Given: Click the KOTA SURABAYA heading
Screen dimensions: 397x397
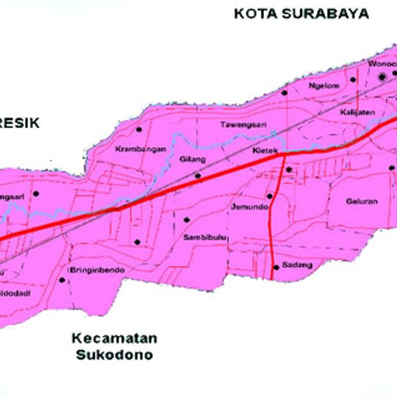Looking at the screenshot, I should point(303,13).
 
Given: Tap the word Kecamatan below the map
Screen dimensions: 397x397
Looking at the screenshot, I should point(114,338).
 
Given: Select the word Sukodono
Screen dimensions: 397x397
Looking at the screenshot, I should point(114,355).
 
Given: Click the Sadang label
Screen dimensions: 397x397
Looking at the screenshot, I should point(291,265).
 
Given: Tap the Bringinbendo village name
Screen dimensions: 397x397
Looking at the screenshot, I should point(96,271).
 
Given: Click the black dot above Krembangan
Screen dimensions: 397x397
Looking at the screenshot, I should point(139,129).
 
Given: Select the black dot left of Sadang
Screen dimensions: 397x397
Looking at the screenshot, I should point(276,266).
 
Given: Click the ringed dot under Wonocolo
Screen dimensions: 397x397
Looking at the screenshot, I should point(382,77).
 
